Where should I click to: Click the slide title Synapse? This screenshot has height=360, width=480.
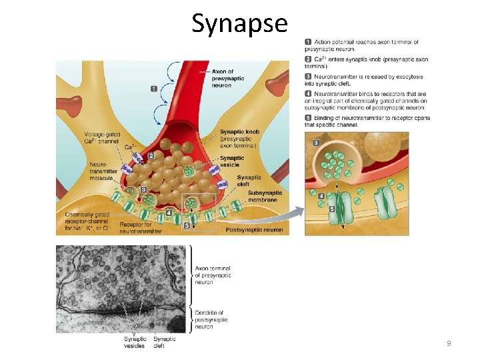click(x=239, y=23)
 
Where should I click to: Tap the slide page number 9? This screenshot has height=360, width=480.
click(x=449, y=343)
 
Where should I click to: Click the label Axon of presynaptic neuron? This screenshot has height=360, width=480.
click(x=227, y=78)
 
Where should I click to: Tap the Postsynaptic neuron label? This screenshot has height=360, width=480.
click(x=254, y=230)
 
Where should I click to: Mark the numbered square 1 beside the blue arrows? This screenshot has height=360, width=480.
click(x=154, y=88)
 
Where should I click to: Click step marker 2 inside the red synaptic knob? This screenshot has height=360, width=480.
click(x=151, y=155)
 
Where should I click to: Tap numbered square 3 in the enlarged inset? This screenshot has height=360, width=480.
click(x=315, y=143)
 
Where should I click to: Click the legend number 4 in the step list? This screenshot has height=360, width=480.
click(x=308, y=95)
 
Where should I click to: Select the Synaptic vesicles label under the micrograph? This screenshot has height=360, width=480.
click(x=135, y=342)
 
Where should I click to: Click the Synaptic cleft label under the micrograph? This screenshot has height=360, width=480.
click(x=165, y=342)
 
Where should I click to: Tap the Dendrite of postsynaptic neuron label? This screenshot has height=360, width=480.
click(x=211, y=319)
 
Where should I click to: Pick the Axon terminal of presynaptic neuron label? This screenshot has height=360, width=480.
click(x=213, y=275)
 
